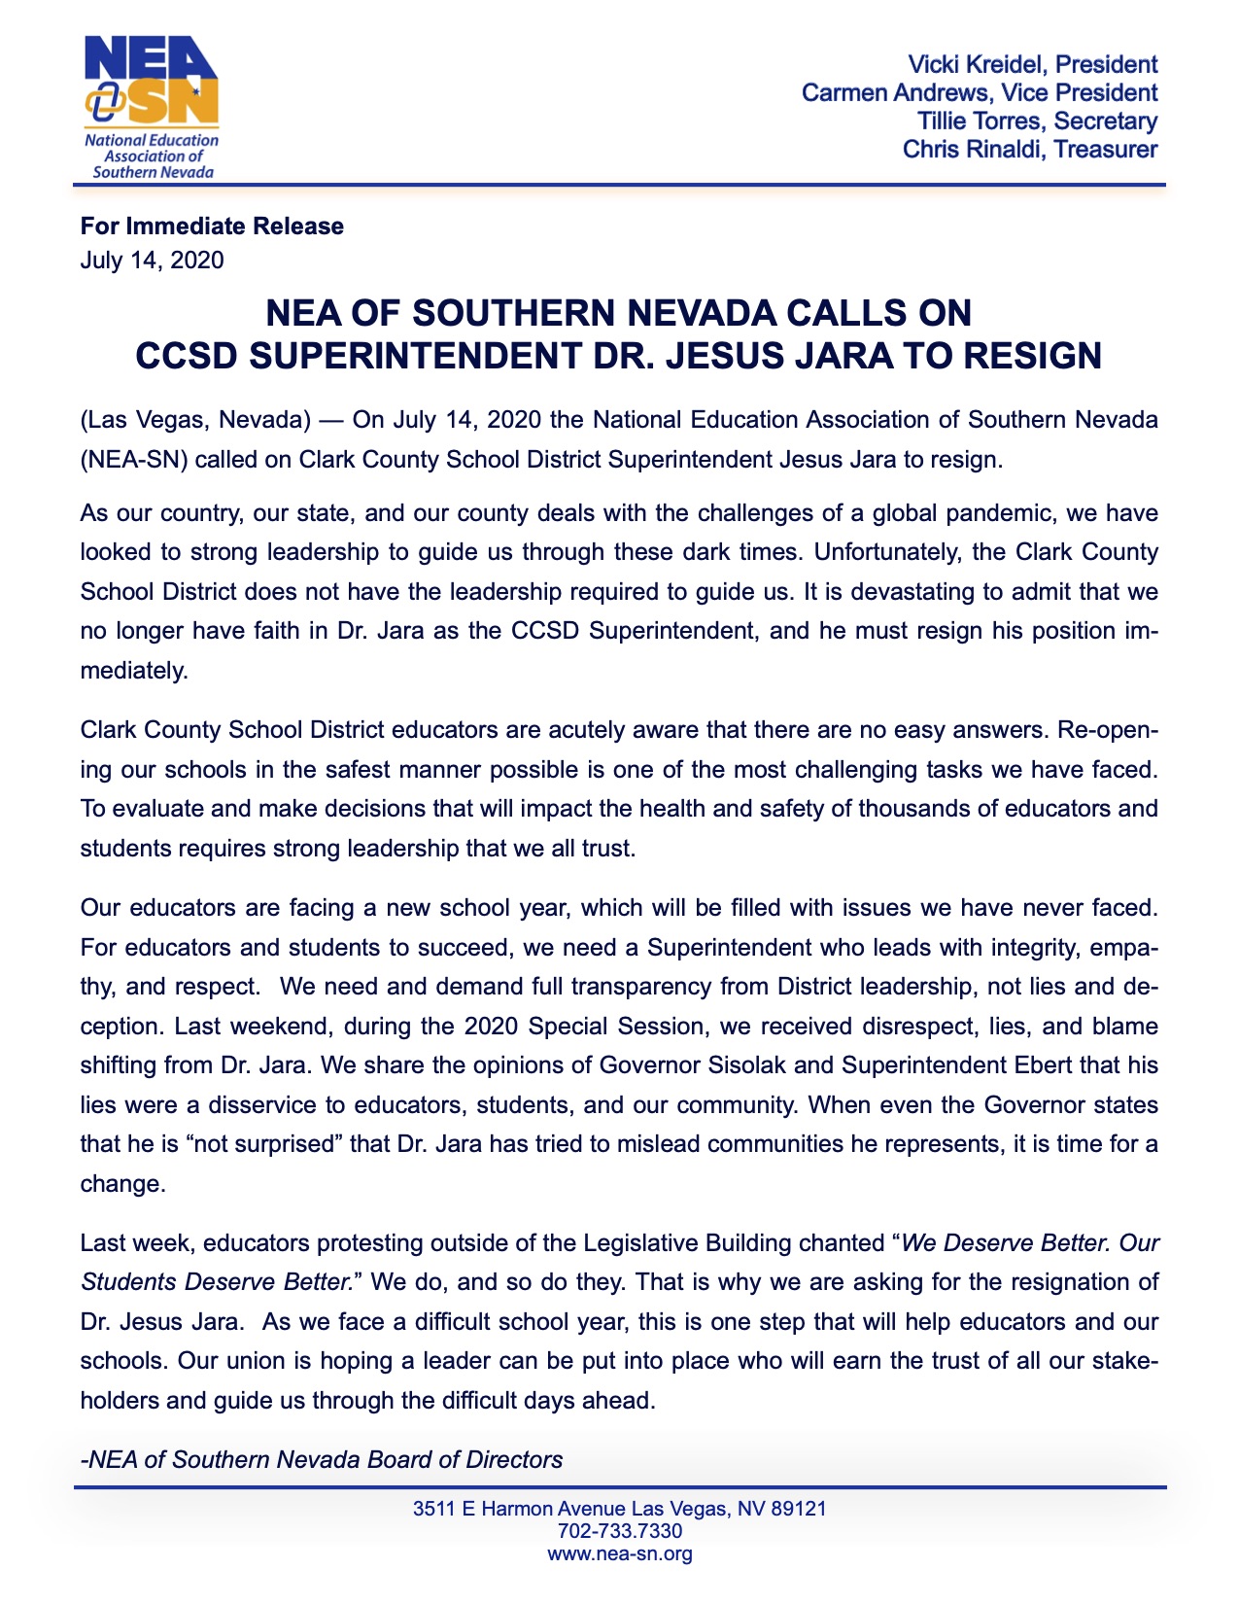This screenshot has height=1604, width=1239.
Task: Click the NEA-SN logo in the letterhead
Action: [151, 107]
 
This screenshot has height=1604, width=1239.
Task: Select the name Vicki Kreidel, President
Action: [1032, 65]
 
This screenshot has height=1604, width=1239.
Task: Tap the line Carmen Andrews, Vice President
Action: [979, 93]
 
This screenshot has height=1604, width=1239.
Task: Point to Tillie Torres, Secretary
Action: [1037, 122]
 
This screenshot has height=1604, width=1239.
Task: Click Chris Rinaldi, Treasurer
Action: [1029, 150]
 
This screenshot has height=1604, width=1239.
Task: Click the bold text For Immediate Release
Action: [212, 227]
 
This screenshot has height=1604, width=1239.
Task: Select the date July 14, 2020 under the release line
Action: [152, 261]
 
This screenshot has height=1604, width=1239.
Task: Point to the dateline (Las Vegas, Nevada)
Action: [194, 420]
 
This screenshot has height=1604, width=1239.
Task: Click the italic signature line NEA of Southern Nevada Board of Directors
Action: [326, 1459]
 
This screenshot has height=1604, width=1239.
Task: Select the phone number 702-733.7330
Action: [620, 1531]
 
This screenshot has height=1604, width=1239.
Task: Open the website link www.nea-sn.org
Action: [620, 1553]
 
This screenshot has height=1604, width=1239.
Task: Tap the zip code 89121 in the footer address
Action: [797, 1509]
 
